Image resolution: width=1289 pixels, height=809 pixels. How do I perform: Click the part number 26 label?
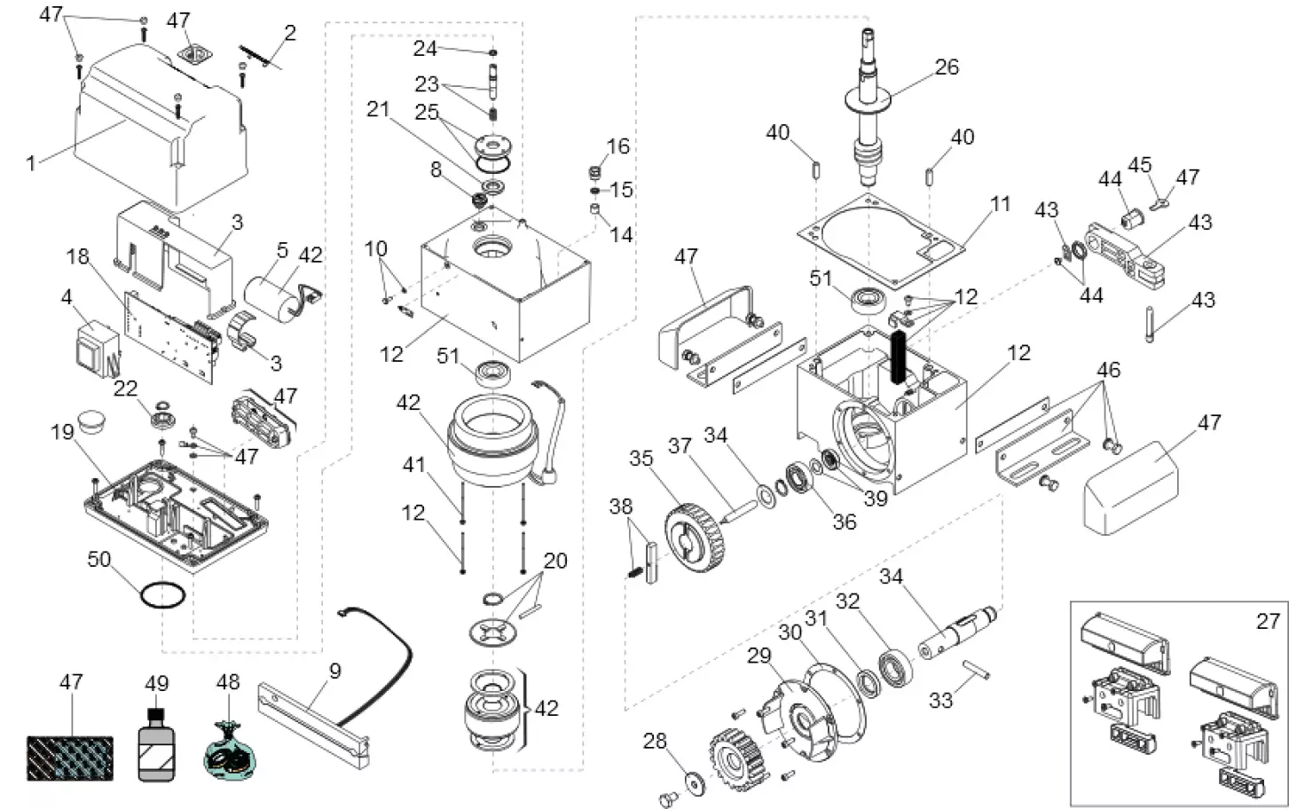[x=947, y=67]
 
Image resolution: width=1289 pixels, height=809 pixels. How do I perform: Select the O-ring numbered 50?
[x=163, y=593]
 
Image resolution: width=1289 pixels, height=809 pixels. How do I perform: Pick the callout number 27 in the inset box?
[x=1268, y=621]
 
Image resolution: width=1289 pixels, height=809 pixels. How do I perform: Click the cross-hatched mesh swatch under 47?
[x=71, y=745]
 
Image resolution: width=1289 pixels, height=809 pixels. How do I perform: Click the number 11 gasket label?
[x=1000, y=204]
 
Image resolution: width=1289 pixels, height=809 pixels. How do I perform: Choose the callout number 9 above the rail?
[x=334, y=671]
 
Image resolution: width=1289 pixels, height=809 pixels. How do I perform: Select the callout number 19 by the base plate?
[x=61, y=432]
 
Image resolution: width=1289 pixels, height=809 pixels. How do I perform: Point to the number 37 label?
[x=680, y=445]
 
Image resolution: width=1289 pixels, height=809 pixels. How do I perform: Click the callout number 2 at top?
[x=289, y=33]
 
